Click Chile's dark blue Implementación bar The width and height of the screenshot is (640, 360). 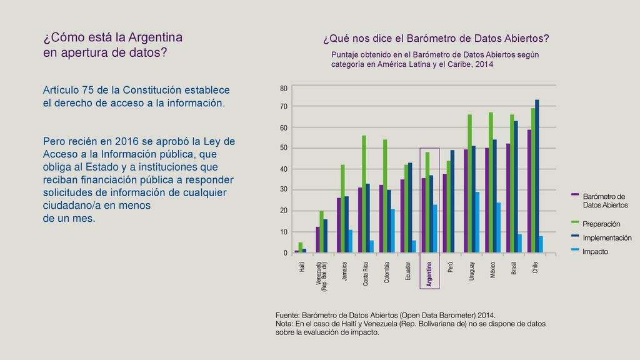point(537,176)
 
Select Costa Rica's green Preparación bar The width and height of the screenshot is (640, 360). point(364,194)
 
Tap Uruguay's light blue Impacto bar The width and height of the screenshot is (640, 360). point(477,222)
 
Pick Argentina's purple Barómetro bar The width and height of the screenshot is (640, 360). point(424,215)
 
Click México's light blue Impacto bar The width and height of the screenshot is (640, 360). point(498,227)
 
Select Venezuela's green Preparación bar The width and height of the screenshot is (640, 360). point(322,231)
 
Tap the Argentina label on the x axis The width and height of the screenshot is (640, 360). point(429,274)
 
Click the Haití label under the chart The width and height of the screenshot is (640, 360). point(302,267)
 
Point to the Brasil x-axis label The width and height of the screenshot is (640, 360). point(514,268)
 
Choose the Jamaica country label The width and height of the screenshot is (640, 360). point(344,271)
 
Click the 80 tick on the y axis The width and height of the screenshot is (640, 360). point(284,88)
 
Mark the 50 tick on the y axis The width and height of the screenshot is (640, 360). point(284,147)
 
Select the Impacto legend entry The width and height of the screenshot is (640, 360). point(595,252)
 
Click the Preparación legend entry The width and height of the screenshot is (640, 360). point(601,224)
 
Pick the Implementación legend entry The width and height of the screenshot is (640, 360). point(607,238)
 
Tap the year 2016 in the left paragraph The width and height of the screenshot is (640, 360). point(126,142)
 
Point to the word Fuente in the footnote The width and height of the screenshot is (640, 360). point(287,316)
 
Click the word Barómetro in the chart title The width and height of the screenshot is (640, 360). point(425,38)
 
